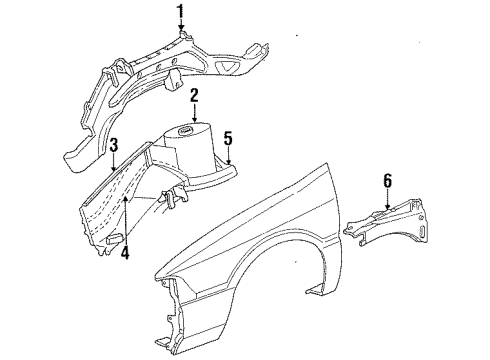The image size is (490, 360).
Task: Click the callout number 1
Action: (x=181, y=11)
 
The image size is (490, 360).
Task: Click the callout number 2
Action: (x=195, y=96)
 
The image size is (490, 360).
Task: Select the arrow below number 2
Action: (x=195, y=114)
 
